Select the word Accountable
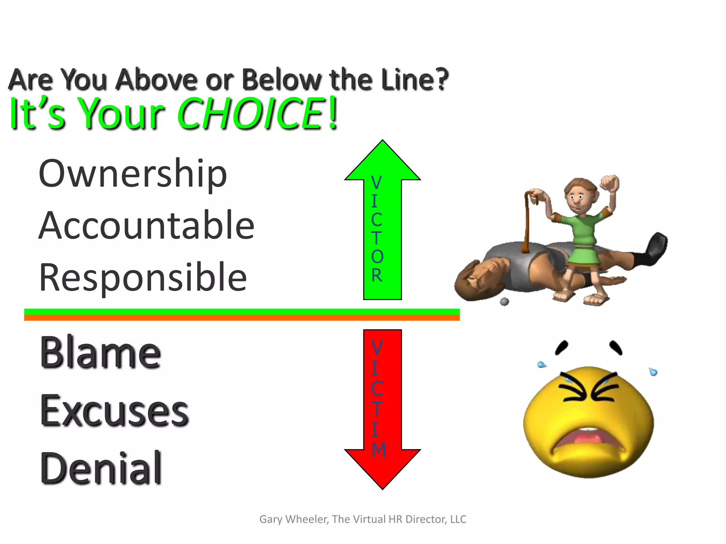tap(146, 225)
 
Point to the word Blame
tap(101, 352)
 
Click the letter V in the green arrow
tap(376, 183)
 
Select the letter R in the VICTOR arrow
tap(377, 275)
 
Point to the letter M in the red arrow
tap(379, 450)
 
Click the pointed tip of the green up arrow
tap(382, 142)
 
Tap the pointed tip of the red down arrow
tap(382, 488)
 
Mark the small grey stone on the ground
tap(504, 302)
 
